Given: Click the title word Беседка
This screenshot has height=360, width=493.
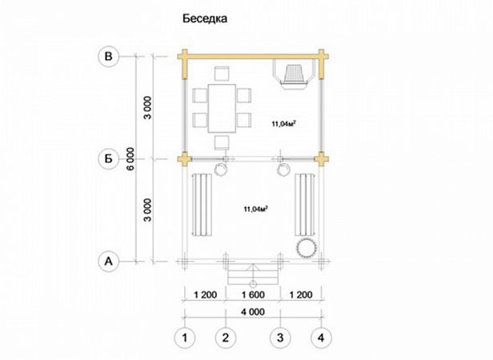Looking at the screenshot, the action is [205, 18].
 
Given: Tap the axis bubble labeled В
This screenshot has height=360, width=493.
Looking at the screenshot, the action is [108, 56].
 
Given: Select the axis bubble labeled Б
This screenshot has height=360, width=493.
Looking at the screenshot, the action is [108, 158].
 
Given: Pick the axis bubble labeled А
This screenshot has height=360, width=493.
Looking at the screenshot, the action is [108, 262].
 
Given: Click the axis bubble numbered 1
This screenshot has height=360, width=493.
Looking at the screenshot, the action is [185, 338].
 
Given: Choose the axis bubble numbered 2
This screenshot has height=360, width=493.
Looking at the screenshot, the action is [226, 338].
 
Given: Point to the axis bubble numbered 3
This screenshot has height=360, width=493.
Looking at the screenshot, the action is [280, 338].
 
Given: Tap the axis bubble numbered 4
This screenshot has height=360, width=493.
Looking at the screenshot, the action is [321, 338].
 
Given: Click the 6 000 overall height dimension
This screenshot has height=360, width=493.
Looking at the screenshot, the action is [130, 158].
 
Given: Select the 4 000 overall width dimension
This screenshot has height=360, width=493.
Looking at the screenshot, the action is [253, 312].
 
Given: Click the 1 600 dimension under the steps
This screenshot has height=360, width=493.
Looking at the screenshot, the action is [253, 295].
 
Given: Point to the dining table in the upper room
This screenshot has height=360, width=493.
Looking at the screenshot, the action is [222, 109].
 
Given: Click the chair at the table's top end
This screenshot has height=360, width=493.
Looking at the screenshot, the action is [222, 74].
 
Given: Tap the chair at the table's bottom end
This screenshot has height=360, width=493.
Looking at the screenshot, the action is [222, 142].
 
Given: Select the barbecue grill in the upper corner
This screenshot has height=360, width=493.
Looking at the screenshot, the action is [294, 76].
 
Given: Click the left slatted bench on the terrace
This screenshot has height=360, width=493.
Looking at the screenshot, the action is [202, 205].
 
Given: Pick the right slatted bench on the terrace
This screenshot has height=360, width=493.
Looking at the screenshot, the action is [304, 205].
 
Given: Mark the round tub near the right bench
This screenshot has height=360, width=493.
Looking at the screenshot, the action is [306, 248].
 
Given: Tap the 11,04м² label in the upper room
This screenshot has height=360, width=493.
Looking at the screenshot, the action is [283, 124].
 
